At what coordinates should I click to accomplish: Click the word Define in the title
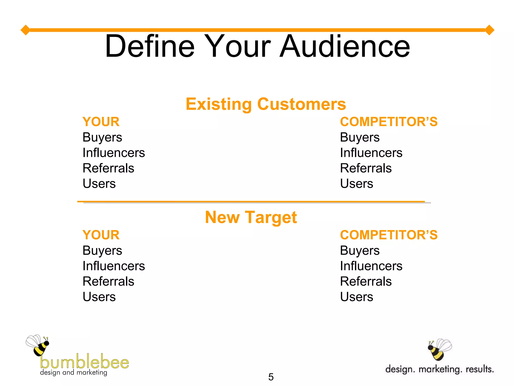(x=150, y=46)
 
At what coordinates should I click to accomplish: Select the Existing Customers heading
(x=266, y=104)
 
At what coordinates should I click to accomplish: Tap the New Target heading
(x=251, y=217)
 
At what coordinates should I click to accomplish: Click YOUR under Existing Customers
(x=101, y=122)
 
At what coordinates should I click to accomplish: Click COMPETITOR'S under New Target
(x=389, y=235)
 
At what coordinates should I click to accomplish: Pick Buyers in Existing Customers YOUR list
(x=102, y=137)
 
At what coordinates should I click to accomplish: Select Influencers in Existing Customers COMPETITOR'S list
(x=371, y=153)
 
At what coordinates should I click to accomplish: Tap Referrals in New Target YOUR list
(x=108, y=281)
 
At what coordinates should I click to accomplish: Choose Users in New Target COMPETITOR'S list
(x=356, y=297)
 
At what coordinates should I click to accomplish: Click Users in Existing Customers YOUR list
(x=99, y=184)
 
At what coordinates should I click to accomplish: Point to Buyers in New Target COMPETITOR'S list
(x=360, y=251)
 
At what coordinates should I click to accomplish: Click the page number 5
(x=271, y=377)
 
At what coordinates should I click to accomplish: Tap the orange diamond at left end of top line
(x=25, y=30)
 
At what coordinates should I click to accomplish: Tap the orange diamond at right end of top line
(x=489, y=30)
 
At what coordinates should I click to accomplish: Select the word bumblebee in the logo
(x=84, y=362)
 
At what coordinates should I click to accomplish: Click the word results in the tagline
(x=480, y=369)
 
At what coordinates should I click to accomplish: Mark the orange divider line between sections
(x=251, y=202)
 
